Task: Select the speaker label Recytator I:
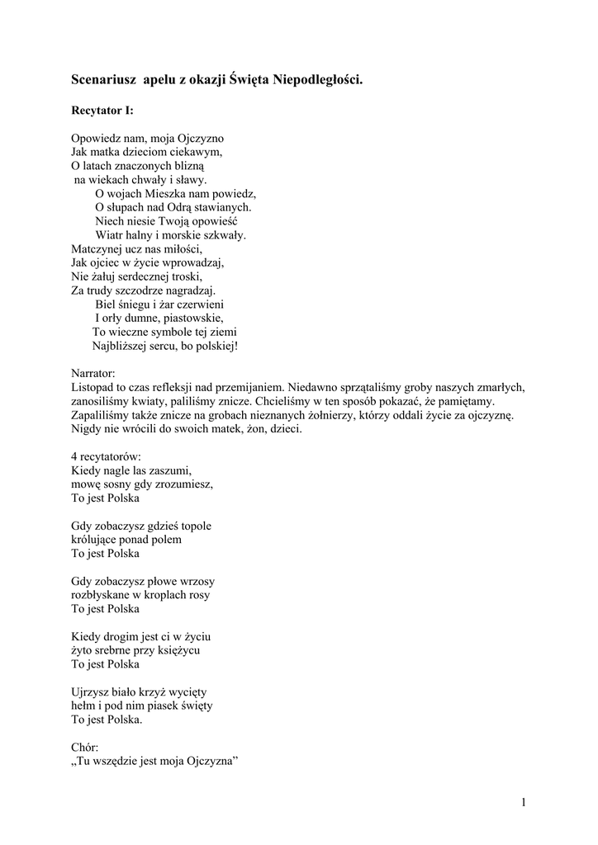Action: (102, 110)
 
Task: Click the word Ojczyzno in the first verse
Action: (201, 138)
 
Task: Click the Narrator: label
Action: (93, 373)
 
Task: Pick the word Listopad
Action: (93, 387)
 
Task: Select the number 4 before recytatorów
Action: (74, 456)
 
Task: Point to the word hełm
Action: (84, 706)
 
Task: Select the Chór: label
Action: (85, 747)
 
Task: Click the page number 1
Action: (524, 802)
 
